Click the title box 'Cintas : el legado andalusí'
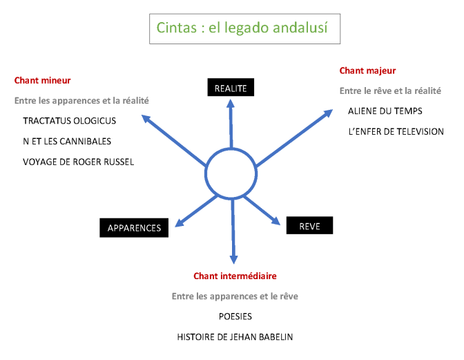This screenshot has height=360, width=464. pos(244,29)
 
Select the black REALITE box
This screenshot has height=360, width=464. pos(231,87)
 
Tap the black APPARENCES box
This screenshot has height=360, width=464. pos(134,227)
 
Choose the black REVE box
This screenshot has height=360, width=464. pos(309,225)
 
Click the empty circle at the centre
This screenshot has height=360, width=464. pos(205,173)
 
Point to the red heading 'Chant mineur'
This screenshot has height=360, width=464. pos(43,81)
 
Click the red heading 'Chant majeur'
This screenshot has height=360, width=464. pos(367,70)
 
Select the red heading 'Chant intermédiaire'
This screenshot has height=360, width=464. pos(235,276)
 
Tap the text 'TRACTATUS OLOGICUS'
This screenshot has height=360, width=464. pos(70,121)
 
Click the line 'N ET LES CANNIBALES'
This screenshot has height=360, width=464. pos(67,141)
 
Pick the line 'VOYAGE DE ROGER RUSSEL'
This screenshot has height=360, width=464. pos(79,162)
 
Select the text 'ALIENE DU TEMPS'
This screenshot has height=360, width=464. pos(385,111)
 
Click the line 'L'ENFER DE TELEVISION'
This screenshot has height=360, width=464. pos(396,131)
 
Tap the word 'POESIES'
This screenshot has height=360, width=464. pos(235,316)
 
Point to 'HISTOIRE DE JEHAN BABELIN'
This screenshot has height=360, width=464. pos(235,337)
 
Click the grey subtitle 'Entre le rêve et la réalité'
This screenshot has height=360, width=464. pos(390,91)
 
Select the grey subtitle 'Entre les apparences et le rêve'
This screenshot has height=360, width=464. pos(235,296)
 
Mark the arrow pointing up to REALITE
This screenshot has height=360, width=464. pos(231,124)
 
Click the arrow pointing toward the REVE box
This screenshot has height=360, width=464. pos(262,210)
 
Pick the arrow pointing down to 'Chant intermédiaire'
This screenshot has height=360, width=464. pos(233,231)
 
